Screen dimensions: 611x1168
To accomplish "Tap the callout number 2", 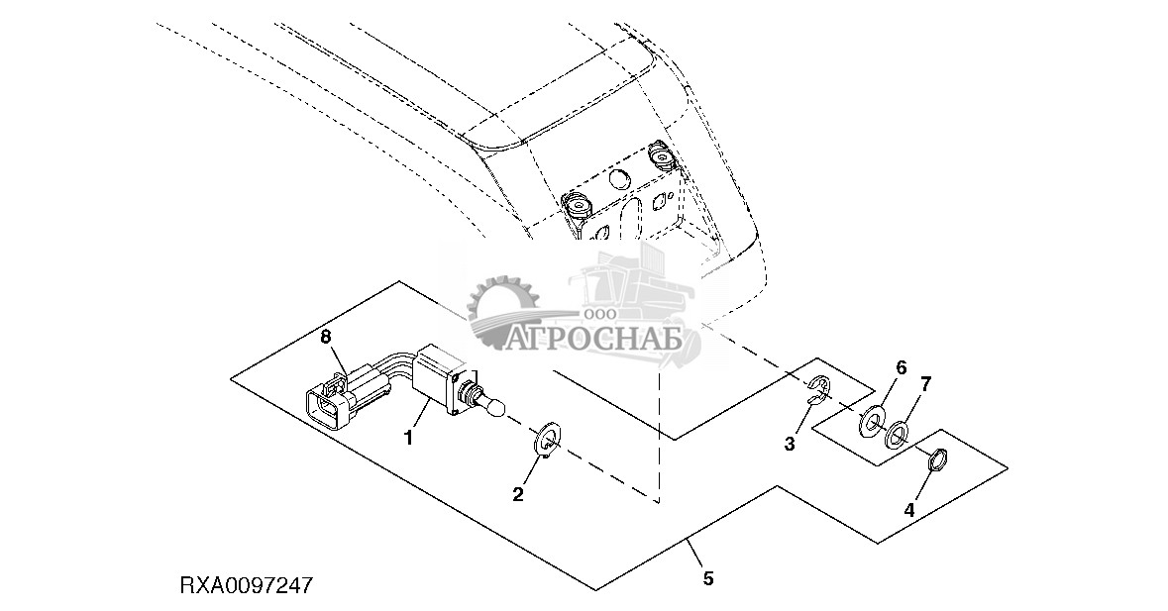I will point(517,494).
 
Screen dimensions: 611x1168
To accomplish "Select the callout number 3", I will point(790,445).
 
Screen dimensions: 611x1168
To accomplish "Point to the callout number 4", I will point(909,511).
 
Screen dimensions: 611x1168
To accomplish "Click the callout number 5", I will point(707,576).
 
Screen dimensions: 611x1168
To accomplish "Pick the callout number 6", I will point(902,367).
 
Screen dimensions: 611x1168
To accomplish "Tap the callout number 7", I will point(926,382).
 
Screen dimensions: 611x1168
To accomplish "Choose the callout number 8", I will point(325,338).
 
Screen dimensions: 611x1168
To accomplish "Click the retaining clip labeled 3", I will point(819,390).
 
